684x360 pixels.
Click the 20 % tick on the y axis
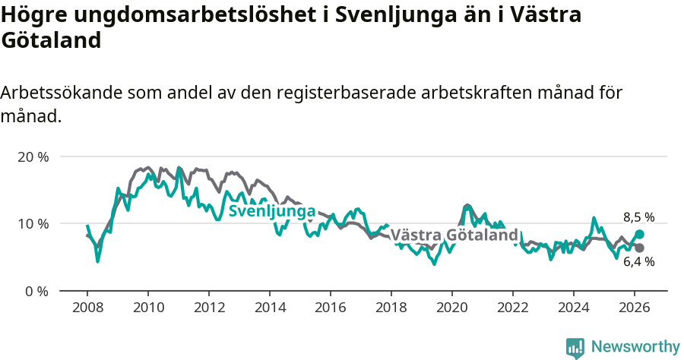pyautogui.click(x=33, y=156)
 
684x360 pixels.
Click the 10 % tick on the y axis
pyautogui.click(x=33, y=223)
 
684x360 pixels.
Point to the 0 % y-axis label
pyautogui.click(x=36, y=291)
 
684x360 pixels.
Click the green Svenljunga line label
pyautogui.click(x=272, y=211)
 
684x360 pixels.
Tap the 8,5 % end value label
pyautogui.click(x=638, y=217)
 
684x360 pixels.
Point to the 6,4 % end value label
pyautogui.click(x=638, y=262)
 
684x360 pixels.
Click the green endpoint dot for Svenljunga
pyautogui.click(x=639, y=235)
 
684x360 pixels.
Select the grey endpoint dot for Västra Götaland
pyautogui.click(x=639, y=248)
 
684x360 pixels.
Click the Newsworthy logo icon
pyautogui.click(x=575, y=347)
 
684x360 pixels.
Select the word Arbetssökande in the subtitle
pyautogui.click(x=60, y=93)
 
